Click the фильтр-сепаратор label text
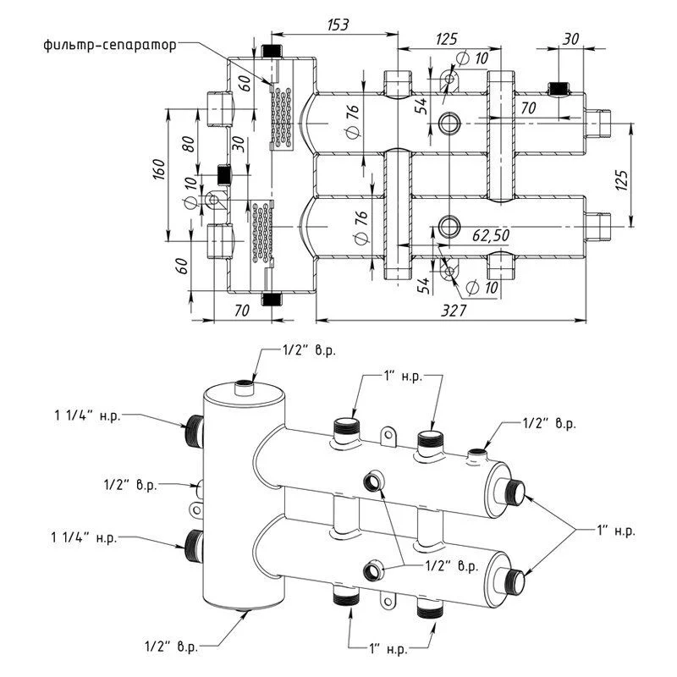pos(110,46)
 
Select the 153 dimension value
pos(338,25)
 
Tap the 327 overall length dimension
pos(454,311)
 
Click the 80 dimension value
pos(189,144)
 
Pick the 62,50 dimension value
pos(491,235)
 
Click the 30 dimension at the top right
pos(570,39)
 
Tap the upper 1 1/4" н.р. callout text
pos(87,416)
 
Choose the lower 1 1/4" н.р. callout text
pos(84,538)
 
